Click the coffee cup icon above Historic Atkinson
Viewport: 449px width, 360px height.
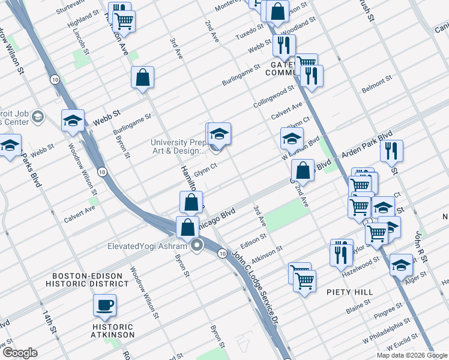click(x=104, y=305)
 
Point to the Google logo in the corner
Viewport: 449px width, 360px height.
click(x=20, y=353)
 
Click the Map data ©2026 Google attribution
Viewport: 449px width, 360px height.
click(x=412, y=355)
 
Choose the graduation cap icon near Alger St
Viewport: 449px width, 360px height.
click(x=401, y=264)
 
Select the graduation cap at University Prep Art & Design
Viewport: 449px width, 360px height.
click(x=220, y=133)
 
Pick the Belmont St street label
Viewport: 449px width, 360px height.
click(x=376, y=85)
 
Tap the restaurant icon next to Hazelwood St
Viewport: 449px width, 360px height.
click(x=341, y=252)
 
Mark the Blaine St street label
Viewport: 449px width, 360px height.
click(x=358, y=310)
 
